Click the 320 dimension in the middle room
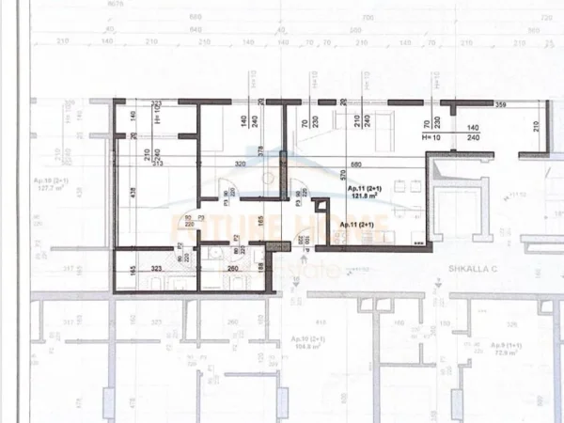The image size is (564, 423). pos(240,164)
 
